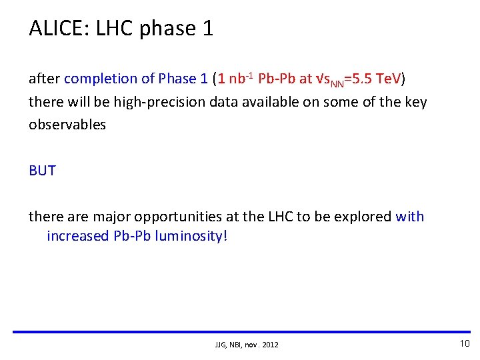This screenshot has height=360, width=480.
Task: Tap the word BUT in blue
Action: pos(42,171)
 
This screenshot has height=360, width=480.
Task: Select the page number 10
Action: pos(465,343)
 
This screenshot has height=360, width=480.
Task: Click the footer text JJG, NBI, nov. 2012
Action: pos(247,345)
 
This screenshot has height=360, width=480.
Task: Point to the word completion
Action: pos(101,79)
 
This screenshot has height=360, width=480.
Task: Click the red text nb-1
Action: pos(239,79)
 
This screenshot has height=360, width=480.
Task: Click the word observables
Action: pos(67,125)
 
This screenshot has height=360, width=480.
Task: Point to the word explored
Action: pos(366,217)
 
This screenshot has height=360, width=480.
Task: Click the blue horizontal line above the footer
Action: pos(240,331)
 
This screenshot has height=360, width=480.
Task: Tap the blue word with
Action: pos(409,217)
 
